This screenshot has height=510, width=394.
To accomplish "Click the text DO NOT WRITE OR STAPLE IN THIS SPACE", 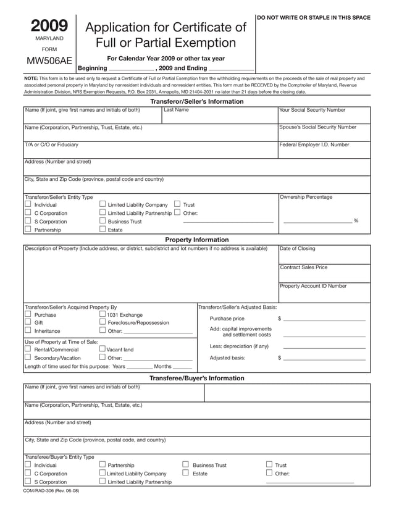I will (x=314, y=17).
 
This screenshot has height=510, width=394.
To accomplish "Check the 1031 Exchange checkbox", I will (x=103, y=314).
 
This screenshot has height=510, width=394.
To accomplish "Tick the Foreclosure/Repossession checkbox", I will (x=103, y=322).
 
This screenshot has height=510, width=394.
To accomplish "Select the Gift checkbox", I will (x=28, y=322).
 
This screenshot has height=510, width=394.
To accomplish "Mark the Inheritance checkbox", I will (x=28, y=330).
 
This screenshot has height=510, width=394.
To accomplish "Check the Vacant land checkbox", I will (x=103, y=349).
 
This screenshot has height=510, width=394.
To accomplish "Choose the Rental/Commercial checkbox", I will (x=28, y=349).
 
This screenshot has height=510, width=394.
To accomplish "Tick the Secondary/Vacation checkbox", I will (x=28, y=357).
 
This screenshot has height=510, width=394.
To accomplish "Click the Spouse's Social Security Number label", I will (x=317, y=127).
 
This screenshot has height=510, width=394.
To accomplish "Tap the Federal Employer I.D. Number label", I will (x=314, y=144).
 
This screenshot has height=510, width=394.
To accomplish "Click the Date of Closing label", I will (x=297, y=249).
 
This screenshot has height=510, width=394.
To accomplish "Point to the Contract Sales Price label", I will (x=303, y=267).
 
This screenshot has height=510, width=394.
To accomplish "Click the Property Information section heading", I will (x=197, y=240).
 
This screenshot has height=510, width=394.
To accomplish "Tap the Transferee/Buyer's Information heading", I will (x=197, y=378).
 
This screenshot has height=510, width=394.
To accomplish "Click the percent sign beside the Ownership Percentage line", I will (x=356, y=221).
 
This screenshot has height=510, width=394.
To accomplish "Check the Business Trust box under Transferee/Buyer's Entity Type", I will (x=185, y=464).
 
